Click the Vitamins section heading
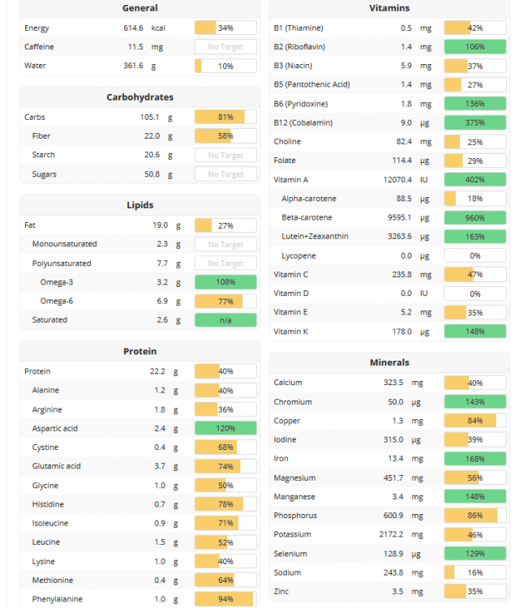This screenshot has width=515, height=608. [x=388, y=8]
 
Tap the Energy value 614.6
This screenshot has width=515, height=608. [x=128, y=28]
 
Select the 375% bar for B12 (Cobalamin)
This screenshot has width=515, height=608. [x=475, y=122]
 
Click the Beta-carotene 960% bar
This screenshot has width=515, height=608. [x=475, y=217]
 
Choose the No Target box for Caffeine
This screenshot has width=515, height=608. [x=225, y=47]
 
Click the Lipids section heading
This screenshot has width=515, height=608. [x=139, y=205]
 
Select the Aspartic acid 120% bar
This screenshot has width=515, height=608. [x=225, y=428]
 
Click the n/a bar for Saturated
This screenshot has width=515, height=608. [x=225, y=320]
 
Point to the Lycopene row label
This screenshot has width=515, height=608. [x=298, y=255]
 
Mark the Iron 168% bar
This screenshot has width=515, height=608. [x=475, y=459]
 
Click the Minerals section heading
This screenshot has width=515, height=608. [x=388, y=362]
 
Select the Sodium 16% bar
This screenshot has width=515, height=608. [x=475, y=572]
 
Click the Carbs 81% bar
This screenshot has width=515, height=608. [x=225, y=117]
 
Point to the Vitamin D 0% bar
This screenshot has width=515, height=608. [x=475, y=293]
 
